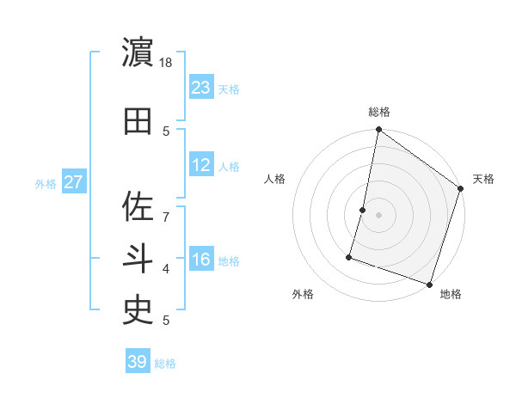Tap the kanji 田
click(138, 121)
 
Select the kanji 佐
click(138, 206)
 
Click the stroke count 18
click(167, 63)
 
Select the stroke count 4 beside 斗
click(166, 269)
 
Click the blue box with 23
click(201, 88)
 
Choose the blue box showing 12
click(201, 165)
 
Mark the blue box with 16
click(201, 260)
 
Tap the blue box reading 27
click(74, 182)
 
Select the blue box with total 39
click(138, 362)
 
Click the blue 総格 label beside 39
click(165, 364)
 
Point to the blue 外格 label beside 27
click(46, 184)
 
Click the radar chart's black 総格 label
click(379, 112)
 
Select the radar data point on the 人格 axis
click(363, 210)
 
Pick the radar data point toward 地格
click(429, 284)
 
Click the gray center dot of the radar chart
click(379, 215)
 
